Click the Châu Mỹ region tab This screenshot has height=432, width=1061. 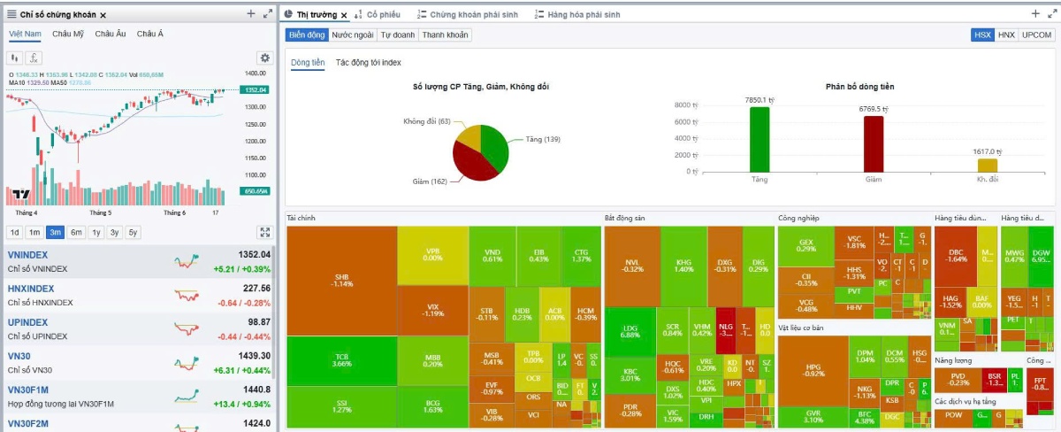coord(68,35)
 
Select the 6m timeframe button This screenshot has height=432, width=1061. coord(77,233)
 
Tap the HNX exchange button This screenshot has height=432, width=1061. coord(1006,35)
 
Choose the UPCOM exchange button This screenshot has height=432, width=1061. coord(1036,35)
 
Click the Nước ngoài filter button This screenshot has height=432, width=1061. coord(352,35)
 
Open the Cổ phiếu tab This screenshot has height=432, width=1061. coord(383,15)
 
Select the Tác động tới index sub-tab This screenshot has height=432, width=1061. coord(368,63)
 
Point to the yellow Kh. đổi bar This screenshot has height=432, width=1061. coord(987,165)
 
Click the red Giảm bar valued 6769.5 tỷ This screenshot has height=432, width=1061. coord(873,143)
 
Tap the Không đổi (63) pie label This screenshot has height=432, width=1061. coord(426,121)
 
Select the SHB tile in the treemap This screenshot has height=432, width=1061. coord(341,280)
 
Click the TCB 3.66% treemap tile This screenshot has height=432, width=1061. coord(341,361)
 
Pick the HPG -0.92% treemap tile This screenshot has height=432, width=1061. coord(813,369)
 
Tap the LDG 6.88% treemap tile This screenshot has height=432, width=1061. coord(630,331)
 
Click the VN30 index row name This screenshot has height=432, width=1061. coord(20,356)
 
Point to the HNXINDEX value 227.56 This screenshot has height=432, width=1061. coord(256,289)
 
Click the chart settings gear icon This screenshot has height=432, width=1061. coord(263,58)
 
